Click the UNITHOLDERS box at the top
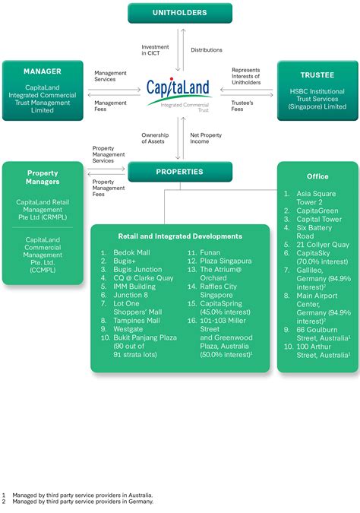180,13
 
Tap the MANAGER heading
43,71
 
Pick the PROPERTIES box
180,172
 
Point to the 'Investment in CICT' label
155,50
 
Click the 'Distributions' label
207,50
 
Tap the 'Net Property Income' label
204,138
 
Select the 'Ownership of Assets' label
154,138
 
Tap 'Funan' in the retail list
210,252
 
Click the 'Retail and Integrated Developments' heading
180,236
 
